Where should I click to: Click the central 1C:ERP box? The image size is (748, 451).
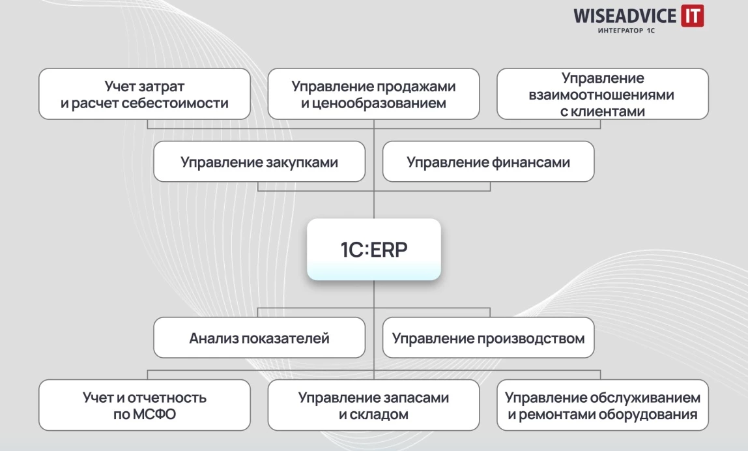click(373, 250)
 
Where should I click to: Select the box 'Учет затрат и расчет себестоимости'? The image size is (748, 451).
click(144, 94)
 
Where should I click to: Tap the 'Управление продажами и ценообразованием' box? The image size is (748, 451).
click(373, 94)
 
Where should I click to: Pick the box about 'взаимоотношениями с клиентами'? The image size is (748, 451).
click(602, 94)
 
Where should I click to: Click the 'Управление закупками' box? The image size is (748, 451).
click(259, 162)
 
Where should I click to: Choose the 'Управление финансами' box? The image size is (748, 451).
click(488, 162)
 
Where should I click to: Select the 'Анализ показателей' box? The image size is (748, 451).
click(259, 338)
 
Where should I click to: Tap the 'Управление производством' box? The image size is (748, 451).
click(488, 338)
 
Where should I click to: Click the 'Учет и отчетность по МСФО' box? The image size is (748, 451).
click(144, 405)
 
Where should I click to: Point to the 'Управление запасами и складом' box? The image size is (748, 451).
click(373, 405)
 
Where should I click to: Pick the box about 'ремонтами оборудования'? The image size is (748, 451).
click(602, 405)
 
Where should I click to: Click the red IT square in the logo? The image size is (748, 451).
click(692, 16)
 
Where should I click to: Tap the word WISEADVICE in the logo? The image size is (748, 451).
click(626, 16)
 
